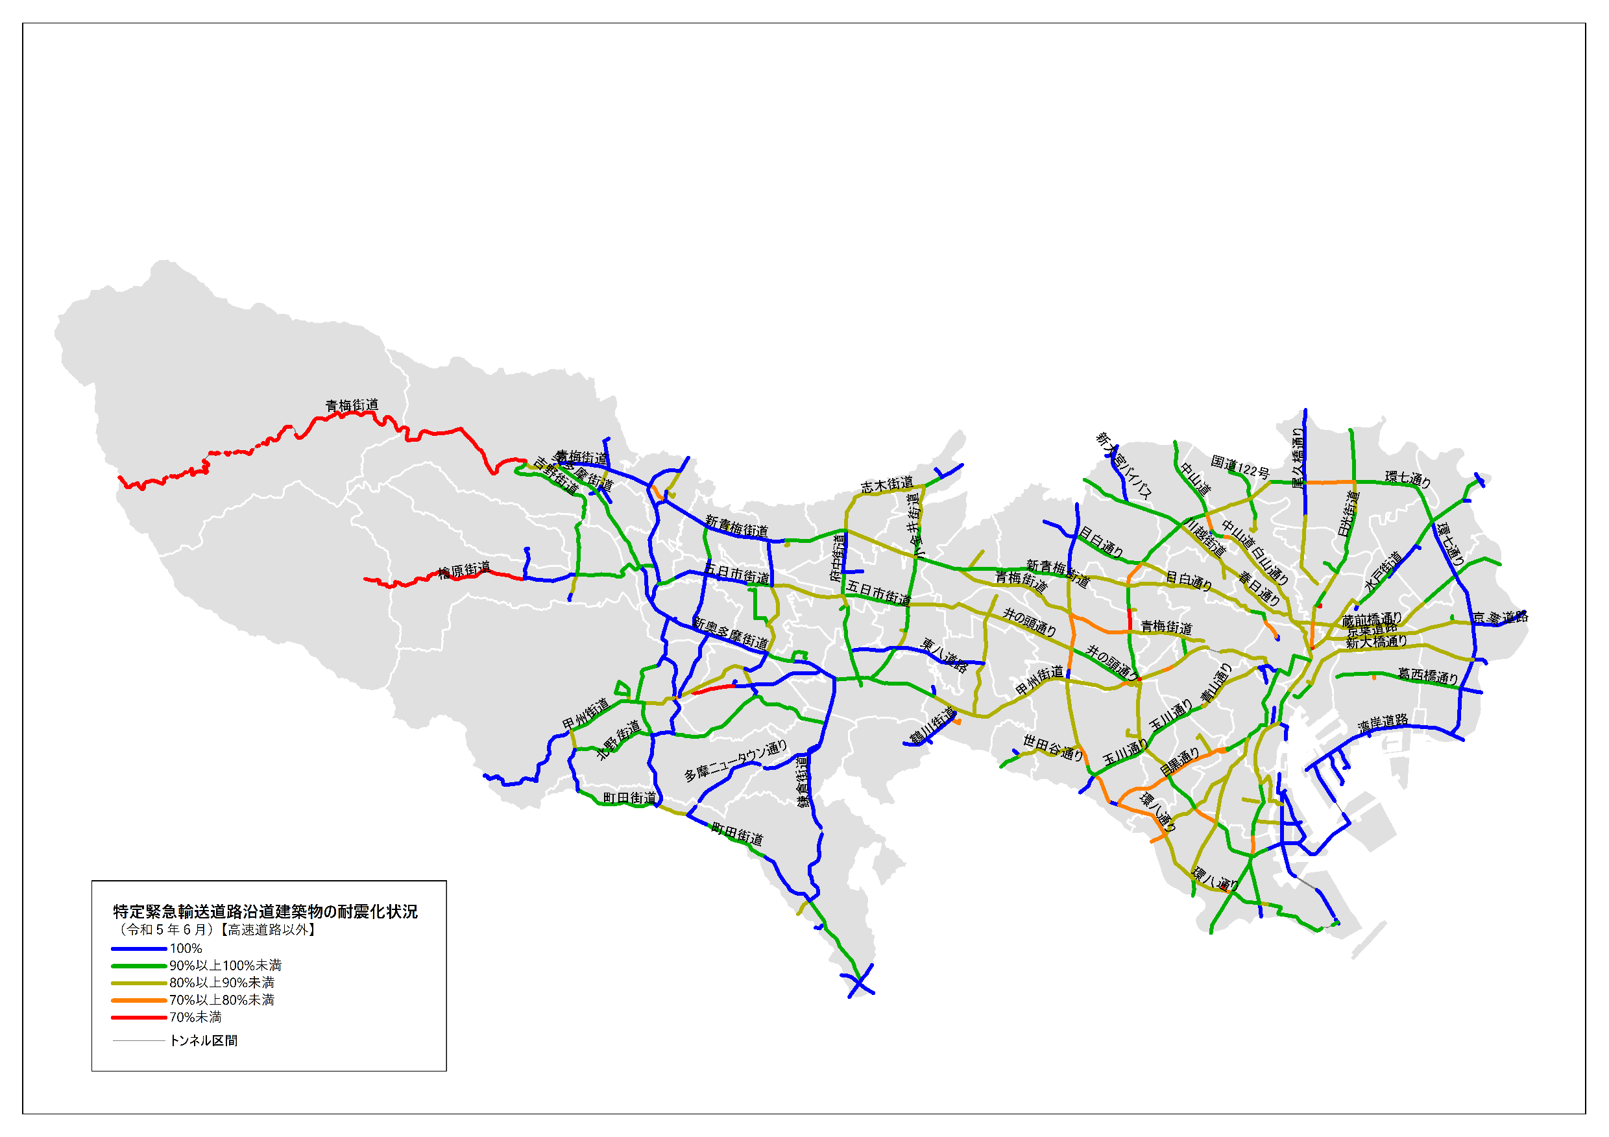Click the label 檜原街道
[x=464, y=570]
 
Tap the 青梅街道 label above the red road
[x=352, y=405]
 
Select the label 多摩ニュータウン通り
[x=735, y=761]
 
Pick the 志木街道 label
[x=887, y=484]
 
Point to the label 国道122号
[x=1240, y=466]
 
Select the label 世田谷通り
[x=1053, y=747]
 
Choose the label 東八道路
[x=944, y=655]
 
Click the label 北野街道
[x=618, y=740]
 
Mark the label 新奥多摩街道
[x=731, y=632]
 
